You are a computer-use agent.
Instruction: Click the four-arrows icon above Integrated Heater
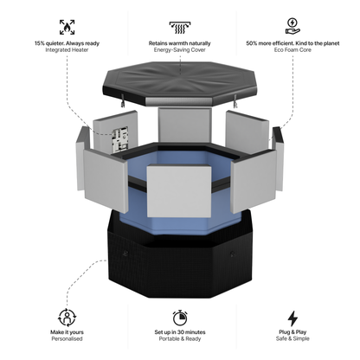pos(67,26)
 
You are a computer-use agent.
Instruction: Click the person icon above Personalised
pos(66,317)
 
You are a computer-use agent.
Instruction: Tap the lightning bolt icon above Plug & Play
pos(292,317)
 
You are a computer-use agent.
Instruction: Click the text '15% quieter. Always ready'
pos(67,42)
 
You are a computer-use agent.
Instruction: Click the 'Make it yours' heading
pos(66,333)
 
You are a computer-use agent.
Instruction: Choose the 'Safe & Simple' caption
pos(292,341)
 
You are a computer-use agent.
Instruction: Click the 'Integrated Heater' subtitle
pos(67,50)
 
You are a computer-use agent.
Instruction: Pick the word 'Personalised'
pos(66,341)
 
